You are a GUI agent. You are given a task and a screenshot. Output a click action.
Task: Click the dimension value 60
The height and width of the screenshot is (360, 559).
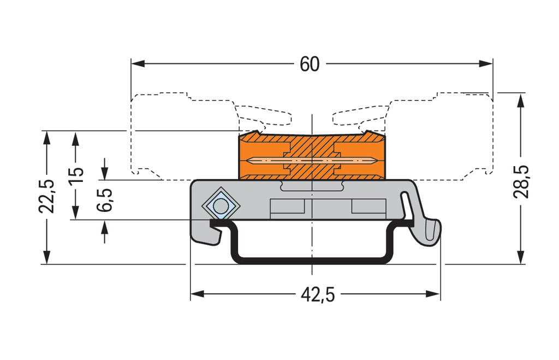309,64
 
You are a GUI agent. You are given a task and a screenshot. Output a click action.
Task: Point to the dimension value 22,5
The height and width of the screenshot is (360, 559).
47,196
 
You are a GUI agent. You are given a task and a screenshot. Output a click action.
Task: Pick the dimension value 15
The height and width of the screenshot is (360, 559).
76,175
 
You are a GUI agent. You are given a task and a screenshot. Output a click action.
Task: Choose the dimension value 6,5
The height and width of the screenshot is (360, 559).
105,200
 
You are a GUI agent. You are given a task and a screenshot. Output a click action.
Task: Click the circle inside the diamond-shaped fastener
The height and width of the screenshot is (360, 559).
221,206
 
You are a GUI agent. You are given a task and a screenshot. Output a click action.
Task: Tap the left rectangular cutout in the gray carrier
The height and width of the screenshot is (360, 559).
287,206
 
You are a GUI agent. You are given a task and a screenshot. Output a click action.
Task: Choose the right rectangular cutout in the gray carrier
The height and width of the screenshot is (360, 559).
368,206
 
